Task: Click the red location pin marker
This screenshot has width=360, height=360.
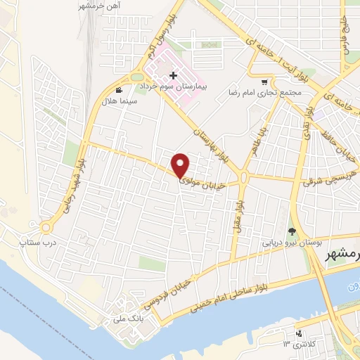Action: (181, 165)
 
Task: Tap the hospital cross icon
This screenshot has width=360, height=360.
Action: (174, 75)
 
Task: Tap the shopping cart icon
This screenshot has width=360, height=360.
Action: (264, 82)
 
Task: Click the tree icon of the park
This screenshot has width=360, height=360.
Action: (292, 231)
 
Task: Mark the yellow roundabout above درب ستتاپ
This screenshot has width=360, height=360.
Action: (46, 226)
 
